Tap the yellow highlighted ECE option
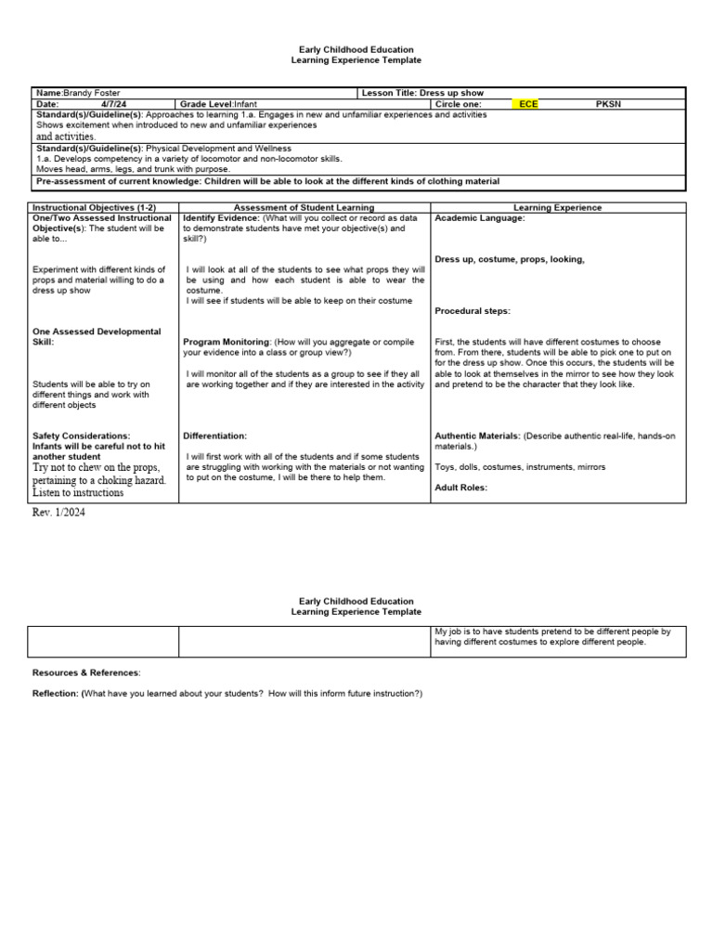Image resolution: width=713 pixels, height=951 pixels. (528, 104)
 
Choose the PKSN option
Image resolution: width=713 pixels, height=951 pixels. (608, 104)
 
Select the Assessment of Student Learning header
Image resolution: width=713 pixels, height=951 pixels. (305, 208)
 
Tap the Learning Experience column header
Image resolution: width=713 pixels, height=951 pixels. (557, 208)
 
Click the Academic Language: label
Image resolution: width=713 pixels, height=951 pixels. (480, 218)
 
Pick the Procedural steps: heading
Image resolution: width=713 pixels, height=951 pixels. (473, 311)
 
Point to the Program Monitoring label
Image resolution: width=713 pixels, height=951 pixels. (227, 342)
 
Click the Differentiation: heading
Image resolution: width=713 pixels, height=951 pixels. (215, 436)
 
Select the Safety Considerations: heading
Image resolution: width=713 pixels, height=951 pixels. (82, 436)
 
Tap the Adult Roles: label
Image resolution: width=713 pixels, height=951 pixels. (461, 488)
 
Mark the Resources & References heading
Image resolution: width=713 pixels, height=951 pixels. (86, 671)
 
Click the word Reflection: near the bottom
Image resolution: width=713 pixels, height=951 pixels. (55, 694)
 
